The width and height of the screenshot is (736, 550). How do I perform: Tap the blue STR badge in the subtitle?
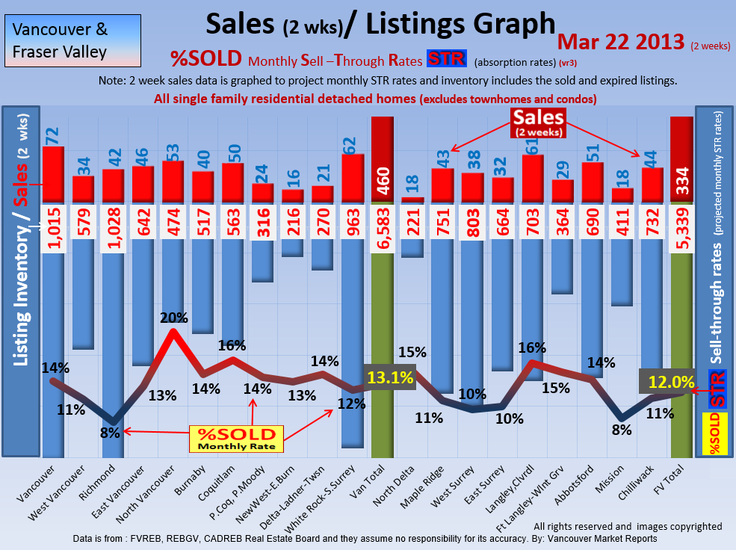(x=446, y=59)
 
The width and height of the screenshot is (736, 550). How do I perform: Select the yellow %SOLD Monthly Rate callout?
(x=237, y=439)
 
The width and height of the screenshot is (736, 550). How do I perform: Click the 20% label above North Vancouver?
(x=173, y=317)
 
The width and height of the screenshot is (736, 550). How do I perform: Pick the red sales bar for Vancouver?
(x=53, y=174)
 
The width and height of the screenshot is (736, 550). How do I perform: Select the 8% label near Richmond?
(x=110, y=431)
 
